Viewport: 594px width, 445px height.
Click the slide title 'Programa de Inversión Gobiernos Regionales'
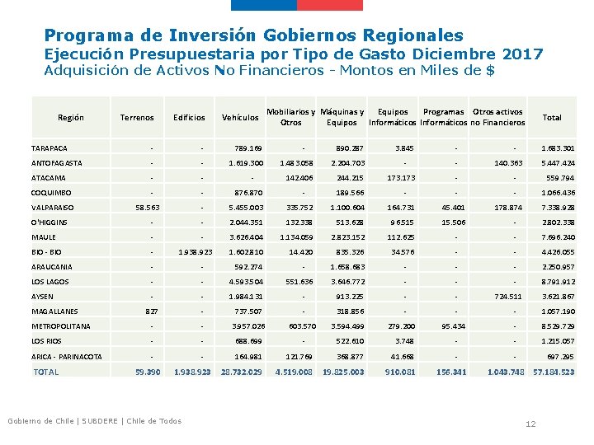(x=253, y=35)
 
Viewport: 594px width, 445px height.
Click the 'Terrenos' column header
(x=137, y=118)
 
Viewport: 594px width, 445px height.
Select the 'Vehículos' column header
(x=240, y=118)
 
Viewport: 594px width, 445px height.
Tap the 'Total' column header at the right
(x=552, y=118)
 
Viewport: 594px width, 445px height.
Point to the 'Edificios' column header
(x=189, y=118)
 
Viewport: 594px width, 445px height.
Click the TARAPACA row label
(x=49, y=148)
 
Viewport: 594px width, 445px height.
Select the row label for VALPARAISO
(x=52, y=208)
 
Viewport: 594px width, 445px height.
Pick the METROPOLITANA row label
(x=58, y=326)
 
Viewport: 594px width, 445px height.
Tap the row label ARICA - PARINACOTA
(x=67, y=356)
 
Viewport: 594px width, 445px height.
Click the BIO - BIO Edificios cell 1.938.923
(x=196, y=252)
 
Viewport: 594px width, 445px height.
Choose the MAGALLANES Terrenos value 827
(x=151, y=311)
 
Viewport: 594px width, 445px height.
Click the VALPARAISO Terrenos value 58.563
(x=147, y=208)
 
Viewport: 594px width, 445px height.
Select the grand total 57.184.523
(x=554, y=372)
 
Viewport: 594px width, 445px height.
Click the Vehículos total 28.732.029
(x=241, y=372)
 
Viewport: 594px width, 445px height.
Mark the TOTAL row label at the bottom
(x=45, y=372)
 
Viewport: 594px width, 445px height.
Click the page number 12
(x=531, y=424)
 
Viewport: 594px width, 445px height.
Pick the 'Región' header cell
(x=71, y=118)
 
